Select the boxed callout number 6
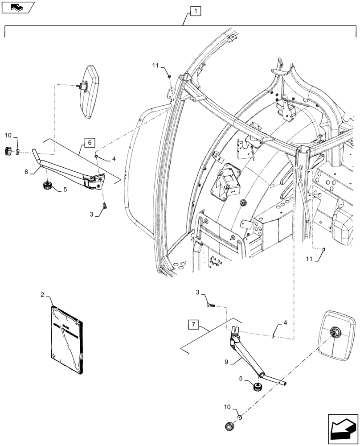[x=89, y=143]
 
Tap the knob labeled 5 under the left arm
[x=47, y=186]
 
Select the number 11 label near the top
[x=155, y=66]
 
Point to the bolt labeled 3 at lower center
[x=211, y=305]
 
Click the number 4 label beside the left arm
[x=114, y=158]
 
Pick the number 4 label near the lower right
[x=285, y=322]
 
